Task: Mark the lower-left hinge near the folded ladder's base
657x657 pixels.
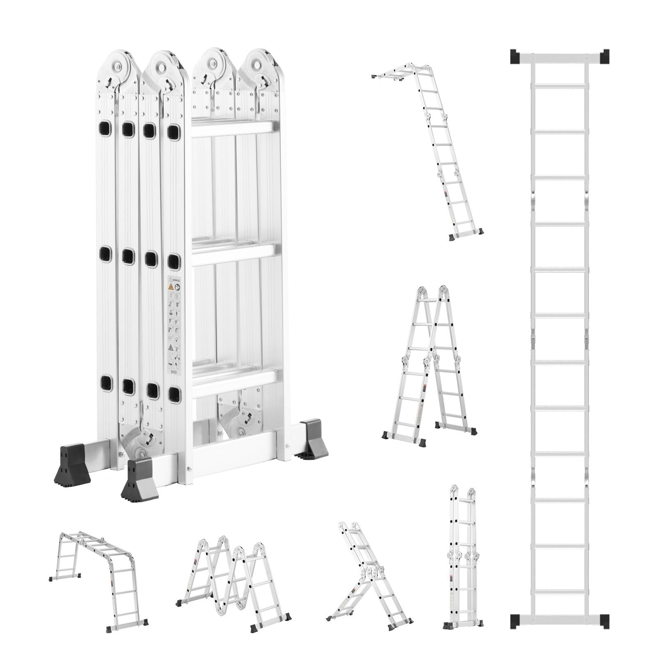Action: (140, 439)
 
